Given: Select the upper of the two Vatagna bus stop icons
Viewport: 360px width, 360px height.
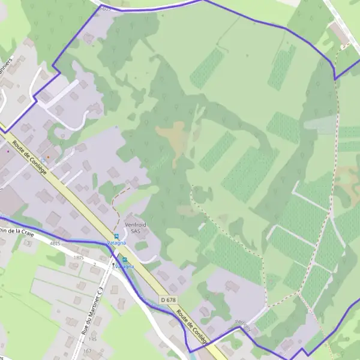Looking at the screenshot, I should (116, 236).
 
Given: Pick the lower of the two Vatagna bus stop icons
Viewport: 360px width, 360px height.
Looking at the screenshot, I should (125, 259).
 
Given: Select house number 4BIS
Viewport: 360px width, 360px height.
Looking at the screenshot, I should (56, 244).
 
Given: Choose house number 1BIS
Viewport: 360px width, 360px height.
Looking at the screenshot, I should (77, 257).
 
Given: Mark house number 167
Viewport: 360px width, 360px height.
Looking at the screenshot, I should (88, 350).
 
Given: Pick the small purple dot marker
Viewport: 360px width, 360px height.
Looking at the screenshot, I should (8, 151).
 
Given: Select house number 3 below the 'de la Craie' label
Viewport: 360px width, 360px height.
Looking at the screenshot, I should (28, 244).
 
